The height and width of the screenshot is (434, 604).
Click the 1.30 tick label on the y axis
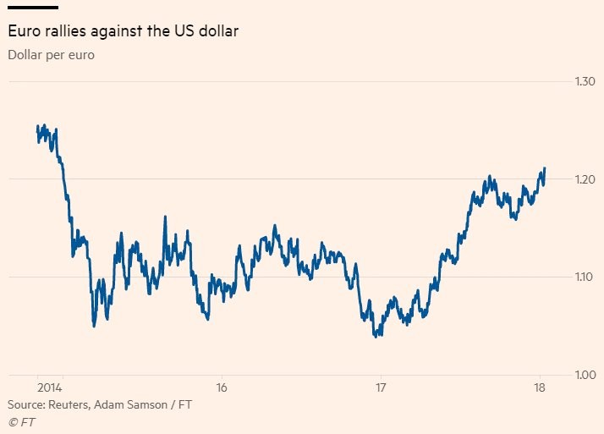(x=585, y=82)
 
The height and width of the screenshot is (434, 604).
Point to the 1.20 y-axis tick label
(x=585, y=179)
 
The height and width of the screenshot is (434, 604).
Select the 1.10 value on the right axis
(x=585, y=277)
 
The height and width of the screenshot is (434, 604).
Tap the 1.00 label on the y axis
(x=585, y=375)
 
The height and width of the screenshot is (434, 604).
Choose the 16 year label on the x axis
(x=221, y=387)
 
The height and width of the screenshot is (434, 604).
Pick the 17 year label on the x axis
(x=381, y=387)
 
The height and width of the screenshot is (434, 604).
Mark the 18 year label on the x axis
(x=540, y=387)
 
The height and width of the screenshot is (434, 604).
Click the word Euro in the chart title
(x=23, y=32)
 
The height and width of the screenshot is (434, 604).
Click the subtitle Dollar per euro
(x=50, y=56)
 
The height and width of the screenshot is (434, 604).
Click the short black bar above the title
(x=32, y=8)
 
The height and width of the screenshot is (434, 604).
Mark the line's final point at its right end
(x=545, y=168)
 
